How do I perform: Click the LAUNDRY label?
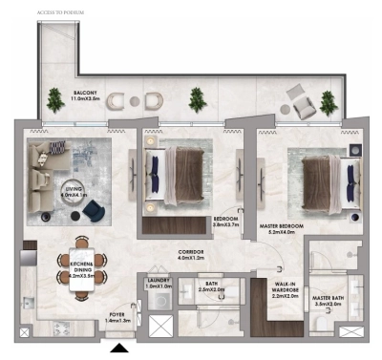pyautogui.click(x=157, y=283)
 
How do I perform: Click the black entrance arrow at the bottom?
pyautogui.click(x=118, y=350)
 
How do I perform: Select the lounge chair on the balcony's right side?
pyautogui.click(x=298, y=95)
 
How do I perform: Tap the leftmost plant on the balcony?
pyautogui.click(x=53, y=97)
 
